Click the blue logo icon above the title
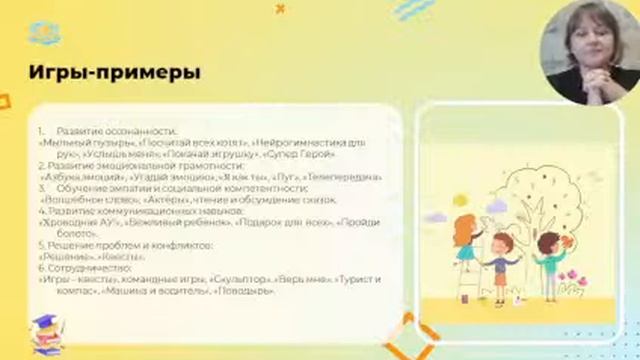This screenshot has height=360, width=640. pyautogui.click(x=44, y=34)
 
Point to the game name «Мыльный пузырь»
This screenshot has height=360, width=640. pyautogui.click(x=76, y=143)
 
